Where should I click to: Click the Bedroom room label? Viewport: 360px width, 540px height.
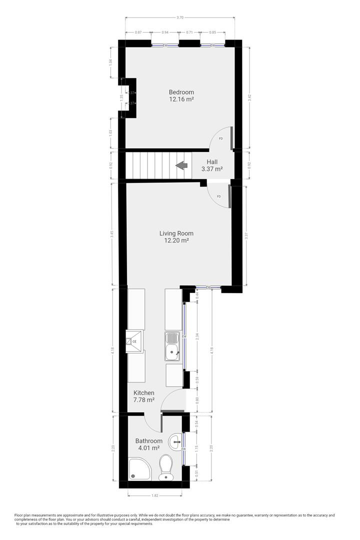pyautogui.click(x=181, y=92)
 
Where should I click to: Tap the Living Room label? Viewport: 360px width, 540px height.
pyautogui.click(x=176, y=233)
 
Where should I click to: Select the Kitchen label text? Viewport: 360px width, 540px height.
pyautogui.click(x=144, y=393)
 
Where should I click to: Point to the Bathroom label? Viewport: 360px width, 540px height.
pyautogui.click(x=148, y=441)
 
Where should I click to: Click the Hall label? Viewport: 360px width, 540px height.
pyautogui.click(x=212, y=162)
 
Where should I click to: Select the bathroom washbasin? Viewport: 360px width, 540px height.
pyautogui.click(x=175, y=441)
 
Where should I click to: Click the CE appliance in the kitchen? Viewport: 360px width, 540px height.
pyautogui.click(x=134, y=342)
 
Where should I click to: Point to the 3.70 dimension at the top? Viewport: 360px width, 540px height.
pyautogui.click(x=180, y=17)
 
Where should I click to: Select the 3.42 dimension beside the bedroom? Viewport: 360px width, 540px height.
pyautogui.click(x=249, y=99)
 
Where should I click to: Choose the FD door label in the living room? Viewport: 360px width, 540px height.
pyautogui.click(x=218, y=196)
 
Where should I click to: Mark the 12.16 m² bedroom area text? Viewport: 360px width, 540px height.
pyautogui.click(x=181, y=99)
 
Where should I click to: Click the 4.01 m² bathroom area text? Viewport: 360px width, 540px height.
pyautogui.click(x=148, y=448)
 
